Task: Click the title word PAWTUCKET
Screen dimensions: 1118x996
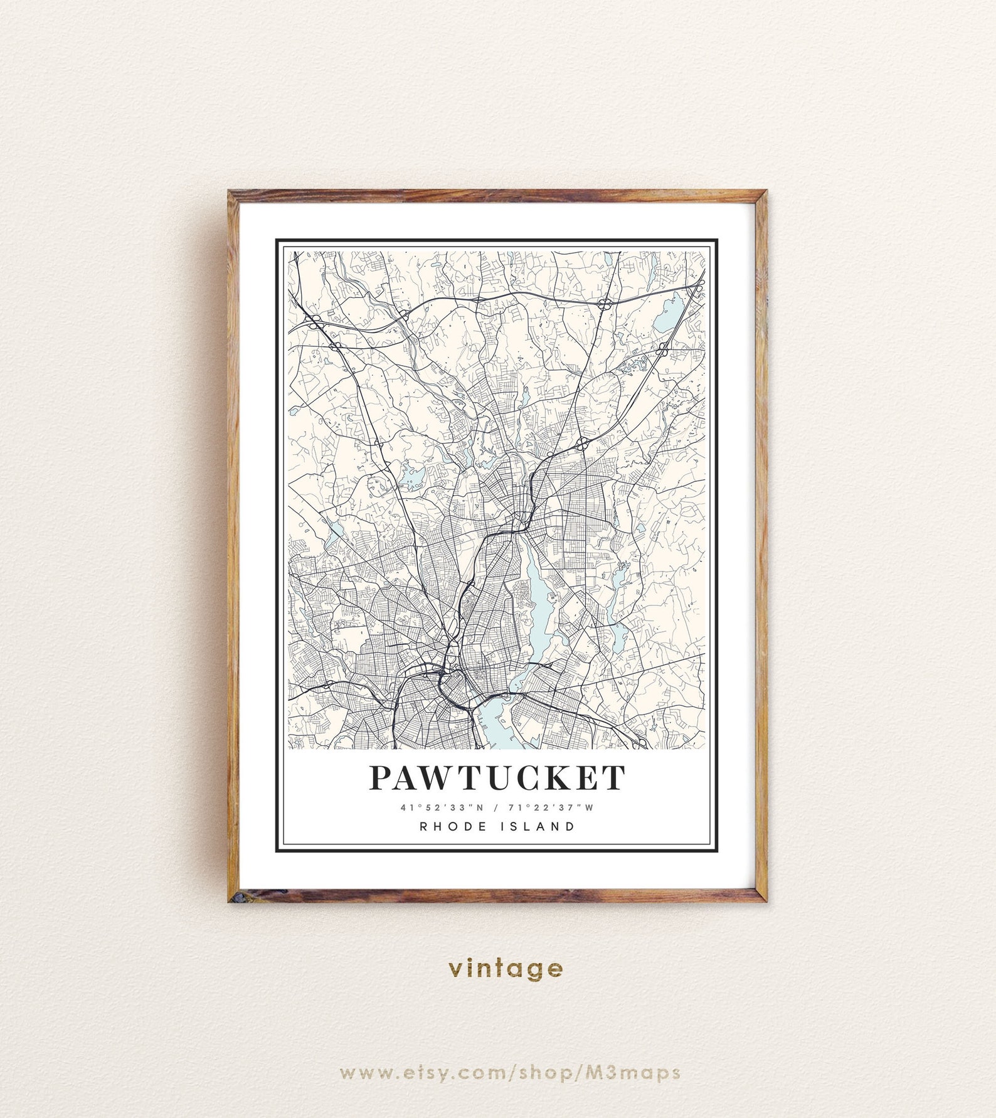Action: click(x=497, y=778)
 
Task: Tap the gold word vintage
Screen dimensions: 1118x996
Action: click(x=506, y=969)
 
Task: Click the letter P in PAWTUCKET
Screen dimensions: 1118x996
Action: click(x=381, y=778)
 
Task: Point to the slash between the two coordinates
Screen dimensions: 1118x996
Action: click(x=496, y=807)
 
